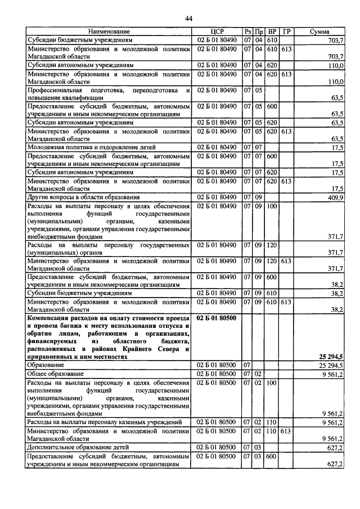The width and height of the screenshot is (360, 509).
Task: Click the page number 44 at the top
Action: click(188, 19)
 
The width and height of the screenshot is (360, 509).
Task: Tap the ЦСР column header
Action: click(217, 32)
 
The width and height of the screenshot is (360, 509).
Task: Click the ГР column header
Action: click(286, 32)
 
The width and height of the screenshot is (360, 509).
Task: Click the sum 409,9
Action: click(335, 198)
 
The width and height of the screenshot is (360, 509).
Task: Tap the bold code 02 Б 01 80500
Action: click(217, 318)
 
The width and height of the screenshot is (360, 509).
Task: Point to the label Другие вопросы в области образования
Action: click(84, 198)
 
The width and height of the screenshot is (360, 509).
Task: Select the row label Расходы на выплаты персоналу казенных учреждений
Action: click(104, 422)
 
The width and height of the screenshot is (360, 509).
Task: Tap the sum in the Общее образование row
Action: click(332, 374)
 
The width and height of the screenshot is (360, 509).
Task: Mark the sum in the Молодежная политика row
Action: click(337, 147)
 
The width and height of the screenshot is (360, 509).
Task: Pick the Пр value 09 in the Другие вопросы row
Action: click(259, 198)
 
